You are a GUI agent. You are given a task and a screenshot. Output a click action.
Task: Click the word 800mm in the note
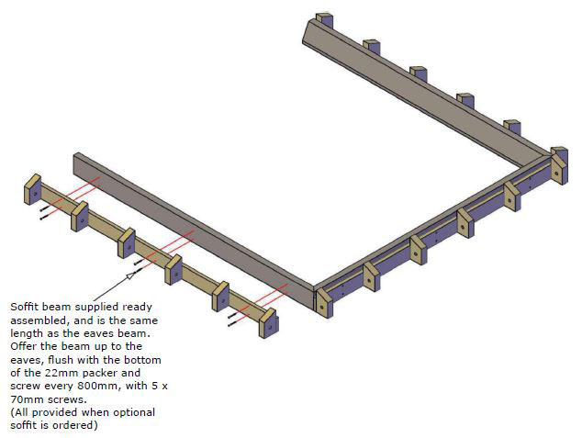point(98,386)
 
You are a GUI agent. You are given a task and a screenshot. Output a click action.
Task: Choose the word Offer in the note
point(23,346)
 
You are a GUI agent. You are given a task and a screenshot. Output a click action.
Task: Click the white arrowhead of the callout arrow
point(130,275)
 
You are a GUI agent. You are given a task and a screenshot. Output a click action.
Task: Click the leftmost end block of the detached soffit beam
point(33,189)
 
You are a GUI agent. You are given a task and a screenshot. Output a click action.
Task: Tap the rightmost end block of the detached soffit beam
point(268,323)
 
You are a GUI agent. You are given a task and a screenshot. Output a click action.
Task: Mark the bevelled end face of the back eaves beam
point(307,34)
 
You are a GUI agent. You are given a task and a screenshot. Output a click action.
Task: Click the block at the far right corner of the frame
point(559,165)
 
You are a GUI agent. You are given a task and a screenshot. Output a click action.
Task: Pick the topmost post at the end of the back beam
point(324,20)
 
